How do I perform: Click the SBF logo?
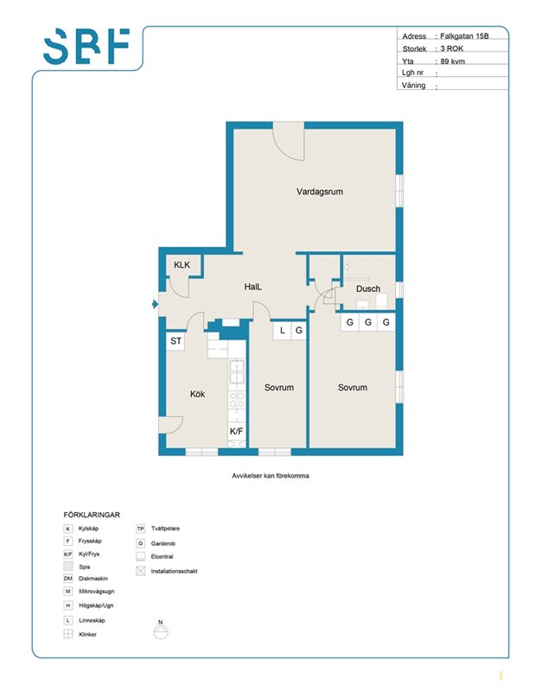pos(86,46)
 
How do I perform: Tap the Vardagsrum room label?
pos(319,192)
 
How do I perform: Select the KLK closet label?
pos(182,265)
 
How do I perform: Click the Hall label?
pos(252,287)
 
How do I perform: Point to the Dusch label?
pos(368,288)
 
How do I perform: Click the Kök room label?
pos(197,394)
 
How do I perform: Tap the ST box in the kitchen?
pos(176,340)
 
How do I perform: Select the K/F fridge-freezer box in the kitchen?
pos(237,431)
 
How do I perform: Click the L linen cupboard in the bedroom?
pos(283,331)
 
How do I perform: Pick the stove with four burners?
pos(237,401)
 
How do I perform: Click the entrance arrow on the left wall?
pos(155,304)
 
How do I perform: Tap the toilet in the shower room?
pos(381,301)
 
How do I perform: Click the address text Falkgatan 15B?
pos(464,36)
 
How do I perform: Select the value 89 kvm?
pos(453,61)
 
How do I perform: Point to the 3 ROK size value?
pos(452,48)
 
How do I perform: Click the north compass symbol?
pos(161,630)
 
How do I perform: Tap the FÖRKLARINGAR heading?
pos(92,515)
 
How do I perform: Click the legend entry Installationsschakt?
pos(168,571)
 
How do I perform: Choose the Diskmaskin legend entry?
pos(86,579)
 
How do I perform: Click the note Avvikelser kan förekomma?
pos(271,476)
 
